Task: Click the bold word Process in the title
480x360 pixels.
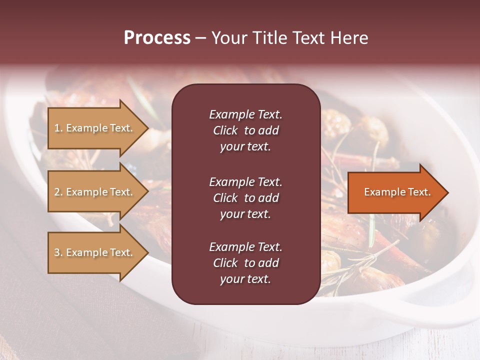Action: (157, 38)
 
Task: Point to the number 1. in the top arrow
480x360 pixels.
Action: (58, 128)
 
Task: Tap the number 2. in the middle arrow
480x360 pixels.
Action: (58, 192)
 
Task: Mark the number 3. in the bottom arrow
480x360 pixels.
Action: (58, 252)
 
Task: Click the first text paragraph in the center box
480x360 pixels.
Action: (245, 130)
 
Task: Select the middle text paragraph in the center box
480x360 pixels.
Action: (245, 198)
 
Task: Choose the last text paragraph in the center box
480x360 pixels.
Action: (245, 263)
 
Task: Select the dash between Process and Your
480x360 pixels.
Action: (200, 38)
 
